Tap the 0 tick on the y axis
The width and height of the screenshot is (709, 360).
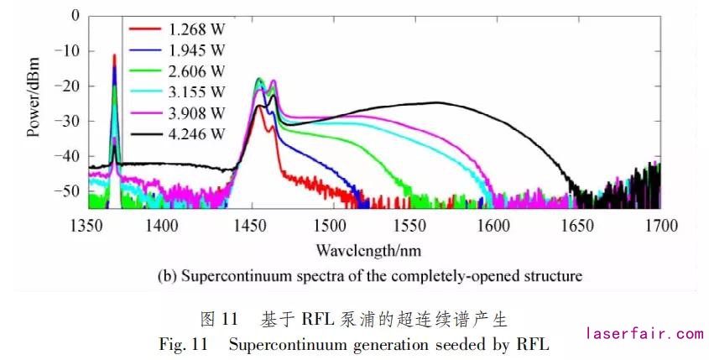tap(76, 15)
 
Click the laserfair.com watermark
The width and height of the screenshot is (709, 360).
tap(644, 333)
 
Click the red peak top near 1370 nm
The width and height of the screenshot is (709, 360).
tap(115, 56)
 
